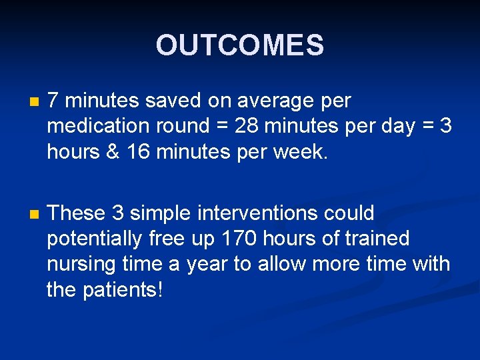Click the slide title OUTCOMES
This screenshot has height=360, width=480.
(239, 45)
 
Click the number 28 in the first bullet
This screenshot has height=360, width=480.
(246, 127)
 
